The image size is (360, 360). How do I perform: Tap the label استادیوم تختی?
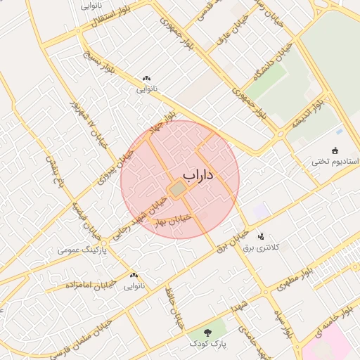pyautogui.click(x=335, y=162)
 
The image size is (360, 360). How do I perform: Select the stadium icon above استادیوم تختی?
pyautogui.click(x=335, y=150)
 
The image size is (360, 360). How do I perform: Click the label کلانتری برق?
pyautogui.click(x=262, y=247)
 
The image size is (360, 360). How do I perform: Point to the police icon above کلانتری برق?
pyautogui.click(x=262, y=236)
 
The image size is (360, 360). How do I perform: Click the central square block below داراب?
pyautogui.click(x=178, y=190)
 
